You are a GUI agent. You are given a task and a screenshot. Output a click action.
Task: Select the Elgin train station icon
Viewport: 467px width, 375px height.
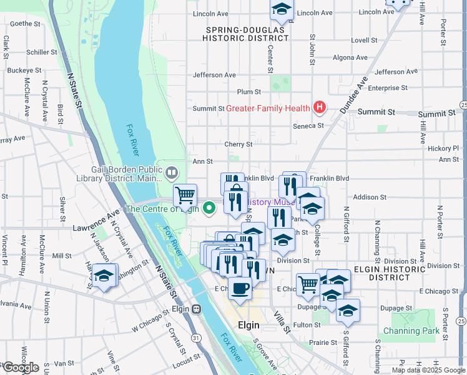click(x=197, y=308)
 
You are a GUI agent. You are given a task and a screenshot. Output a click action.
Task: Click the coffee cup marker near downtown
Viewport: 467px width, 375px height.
click(x=240, y=288)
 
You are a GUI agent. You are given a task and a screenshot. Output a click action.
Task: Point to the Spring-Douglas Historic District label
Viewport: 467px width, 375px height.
click(x=245, y=34)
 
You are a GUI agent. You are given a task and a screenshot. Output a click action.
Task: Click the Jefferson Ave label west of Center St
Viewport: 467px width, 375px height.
click(x=214, y=75)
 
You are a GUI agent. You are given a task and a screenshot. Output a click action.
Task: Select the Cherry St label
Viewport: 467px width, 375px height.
click(x=238, y=144)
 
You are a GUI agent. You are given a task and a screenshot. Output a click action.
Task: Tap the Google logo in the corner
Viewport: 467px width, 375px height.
click(x=21, y=367)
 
